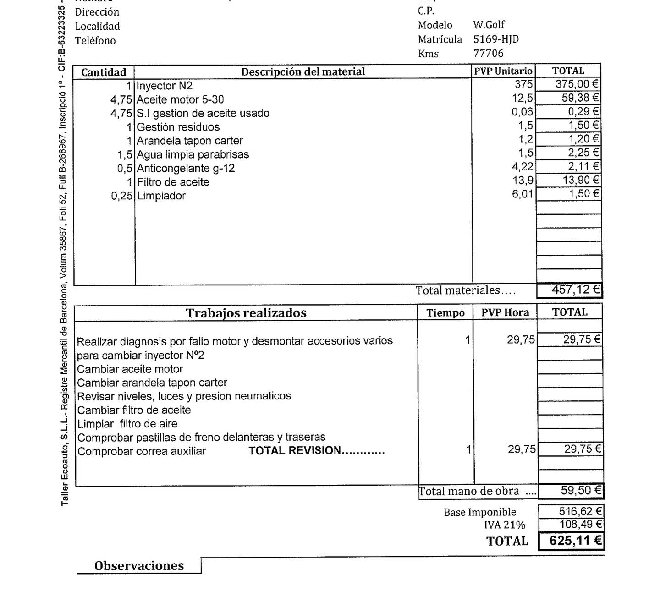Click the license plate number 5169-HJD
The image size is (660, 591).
click(496, 39)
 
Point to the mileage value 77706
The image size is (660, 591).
click(488, 54)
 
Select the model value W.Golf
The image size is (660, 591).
click(489, 25)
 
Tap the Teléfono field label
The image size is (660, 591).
click(95, 41)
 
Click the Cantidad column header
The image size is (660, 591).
click(104, 72)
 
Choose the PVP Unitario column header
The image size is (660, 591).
click(503, 71)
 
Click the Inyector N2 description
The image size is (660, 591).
click(165, 86)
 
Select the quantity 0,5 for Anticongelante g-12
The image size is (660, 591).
click(124, 169)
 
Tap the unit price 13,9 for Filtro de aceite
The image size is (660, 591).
click(522, 181)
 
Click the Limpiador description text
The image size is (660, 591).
click(161, 196)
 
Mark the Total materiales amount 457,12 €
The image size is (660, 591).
click(575, 290)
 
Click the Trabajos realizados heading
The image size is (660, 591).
click(246, 313)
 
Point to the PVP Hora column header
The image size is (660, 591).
click(505, 313)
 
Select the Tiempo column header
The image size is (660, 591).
click(445, 313)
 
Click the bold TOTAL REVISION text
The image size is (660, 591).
click(316, 451)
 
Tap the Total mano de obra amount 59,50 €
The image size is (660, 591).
click(580, 491)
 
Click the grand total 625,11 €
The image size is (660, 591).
click(575, 541)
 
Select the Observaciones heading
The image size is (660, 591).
click(139, 566)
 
